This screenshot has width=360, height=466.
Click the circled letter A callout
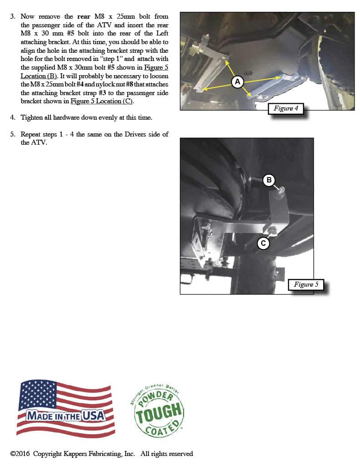[x=237, y=82]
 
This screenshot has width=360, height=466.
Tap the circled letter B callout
[x=269, y=180]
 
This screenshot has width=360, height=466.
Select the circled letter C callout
[x=263, y=244]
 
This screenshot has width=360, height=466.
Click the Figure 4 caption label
[x=286, y=108]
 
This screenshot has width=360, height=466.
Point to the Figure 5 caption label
[x=306, y=284]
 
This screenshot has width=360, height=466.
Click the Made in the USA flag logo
[x=65, y=409]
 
